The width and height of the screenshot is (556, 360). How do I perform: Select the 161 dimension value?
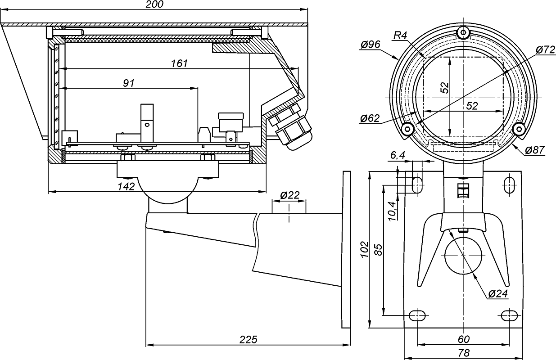point(179,63)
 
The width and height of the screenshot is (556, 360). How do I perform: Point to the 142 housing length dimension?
point(127,186)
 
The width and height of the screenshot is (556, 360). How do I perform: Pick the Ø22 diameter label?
point(289,196)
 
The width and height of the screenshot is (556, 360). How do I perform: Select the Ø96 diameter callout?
point(371,45)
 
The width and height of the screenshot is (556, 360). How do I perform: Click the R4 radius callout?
point(400,35)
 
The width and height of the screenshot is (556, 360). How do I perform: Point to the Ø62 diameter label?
point(370,119)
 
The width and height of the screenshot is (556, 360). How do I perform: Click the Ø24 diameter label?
point(498,293)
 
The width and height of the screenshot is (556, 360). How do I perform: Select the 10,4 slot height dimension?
point(392,210)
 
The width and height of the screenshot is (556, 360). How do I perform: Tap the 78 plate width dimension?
point(463,353)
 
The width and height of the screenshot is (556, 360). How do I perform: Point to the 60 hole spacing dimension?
point(463,339)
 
